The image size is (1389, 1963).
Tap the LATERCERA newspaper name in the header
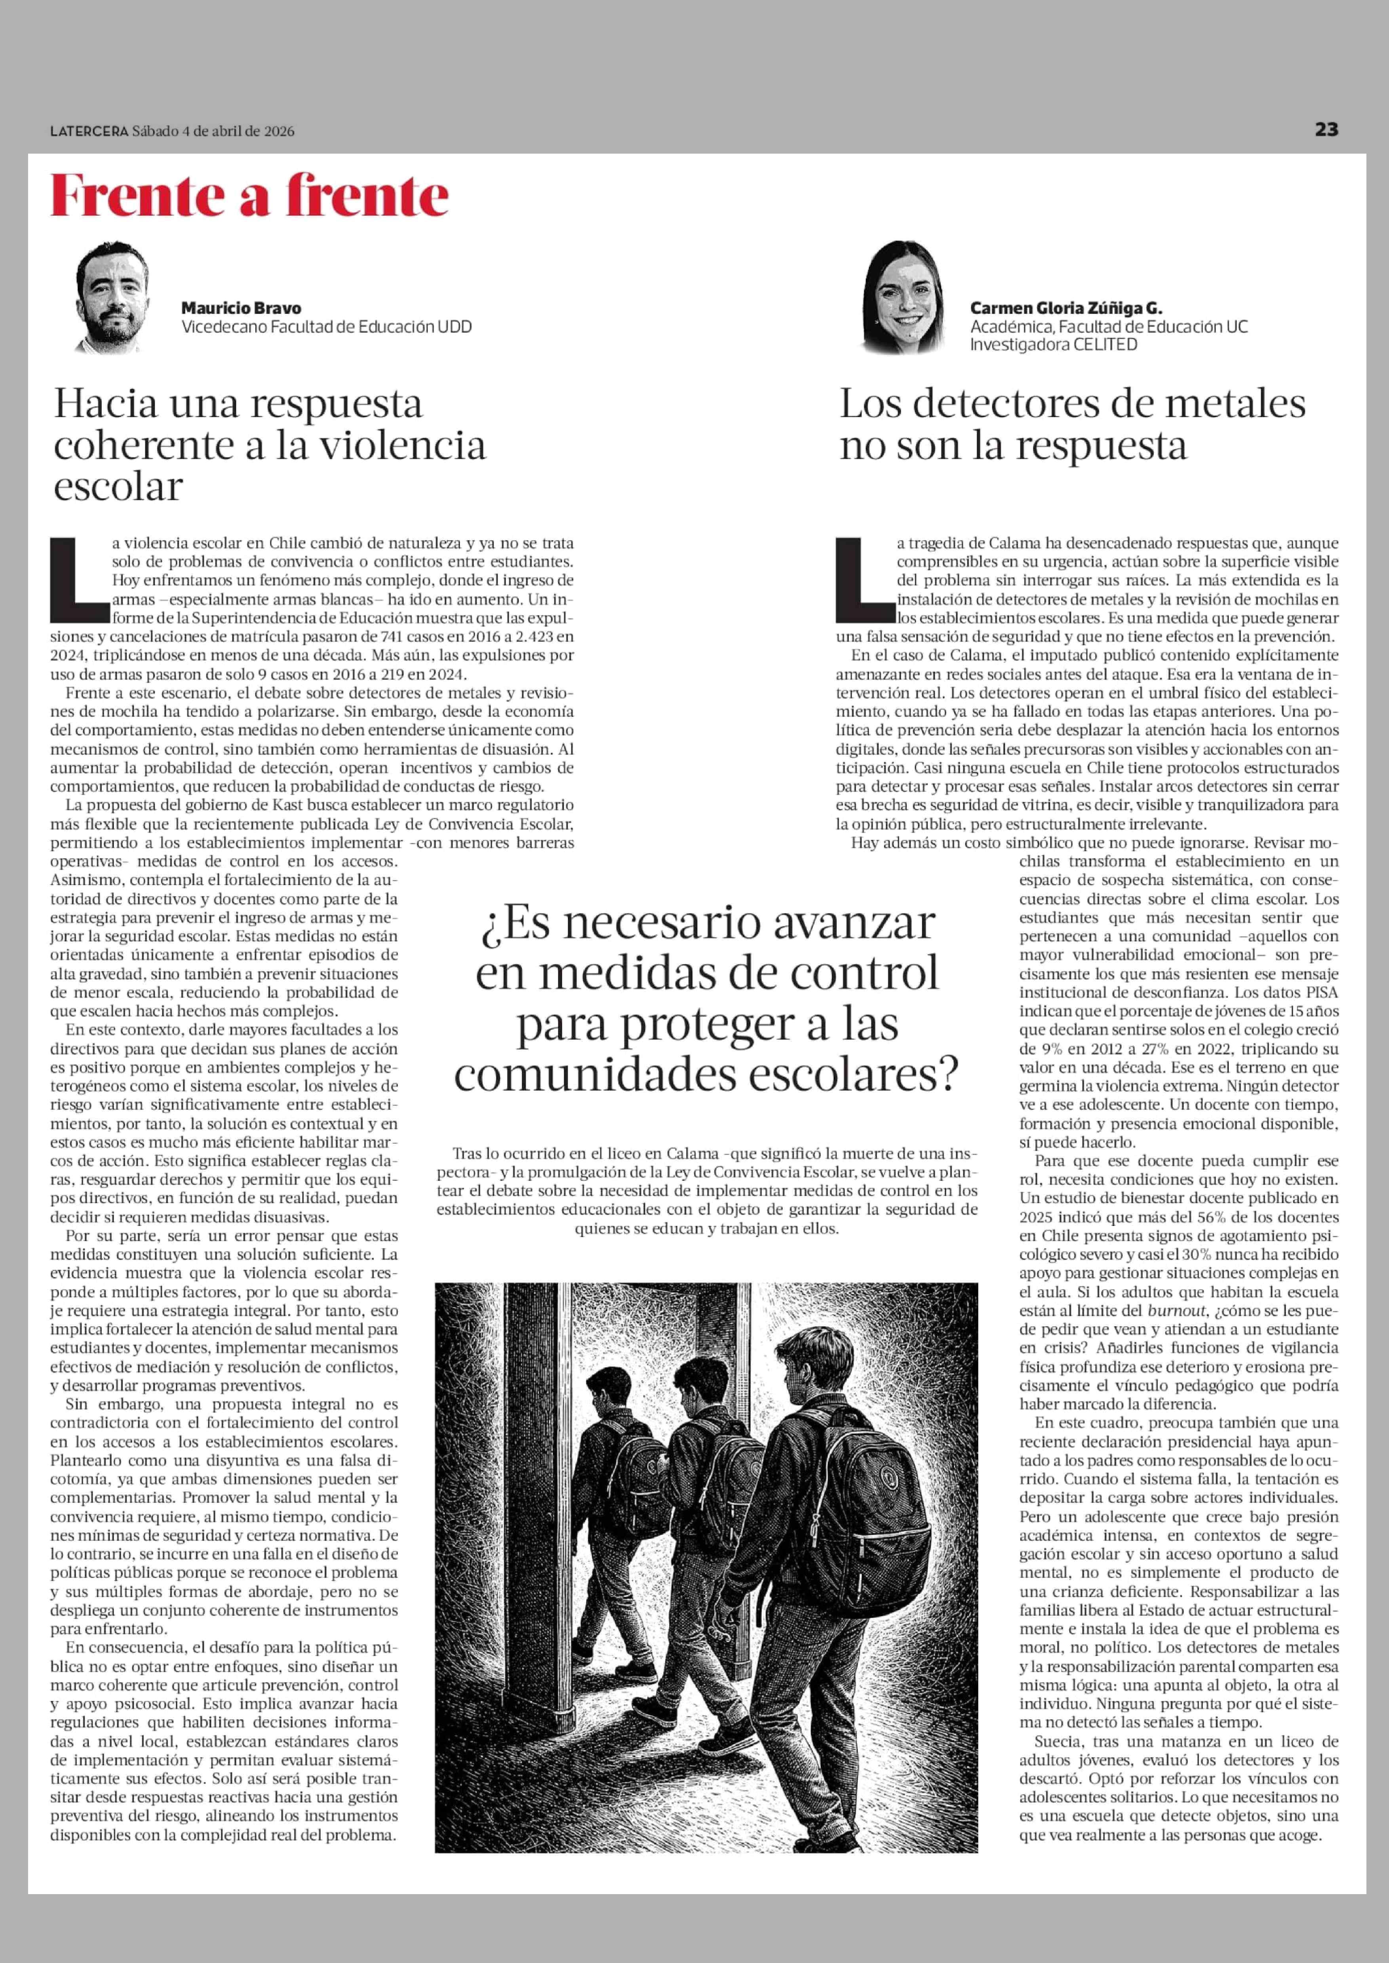88,131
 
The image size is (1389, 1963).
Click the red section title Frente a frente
249,197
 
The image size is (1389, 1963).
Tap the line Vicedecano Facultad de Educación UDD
326,327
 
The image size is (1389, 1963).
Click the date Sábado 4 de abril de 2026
213,131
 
